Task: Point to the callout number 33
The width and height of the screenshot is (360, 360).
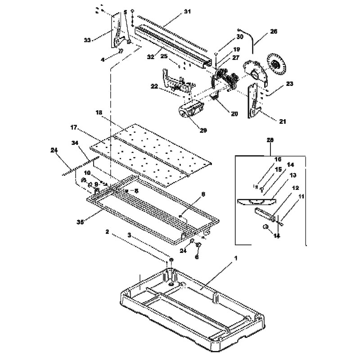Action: (87, 40)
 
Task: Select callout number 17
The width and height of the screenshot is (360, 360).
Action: (74, 128)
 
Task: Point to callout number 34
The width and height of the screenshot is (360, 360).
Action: (75, 142)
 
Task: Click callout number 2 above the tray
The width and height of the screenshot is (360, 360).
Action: (107, 231)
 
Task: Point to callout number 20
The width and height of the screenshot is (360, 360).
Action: (234, 114)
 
